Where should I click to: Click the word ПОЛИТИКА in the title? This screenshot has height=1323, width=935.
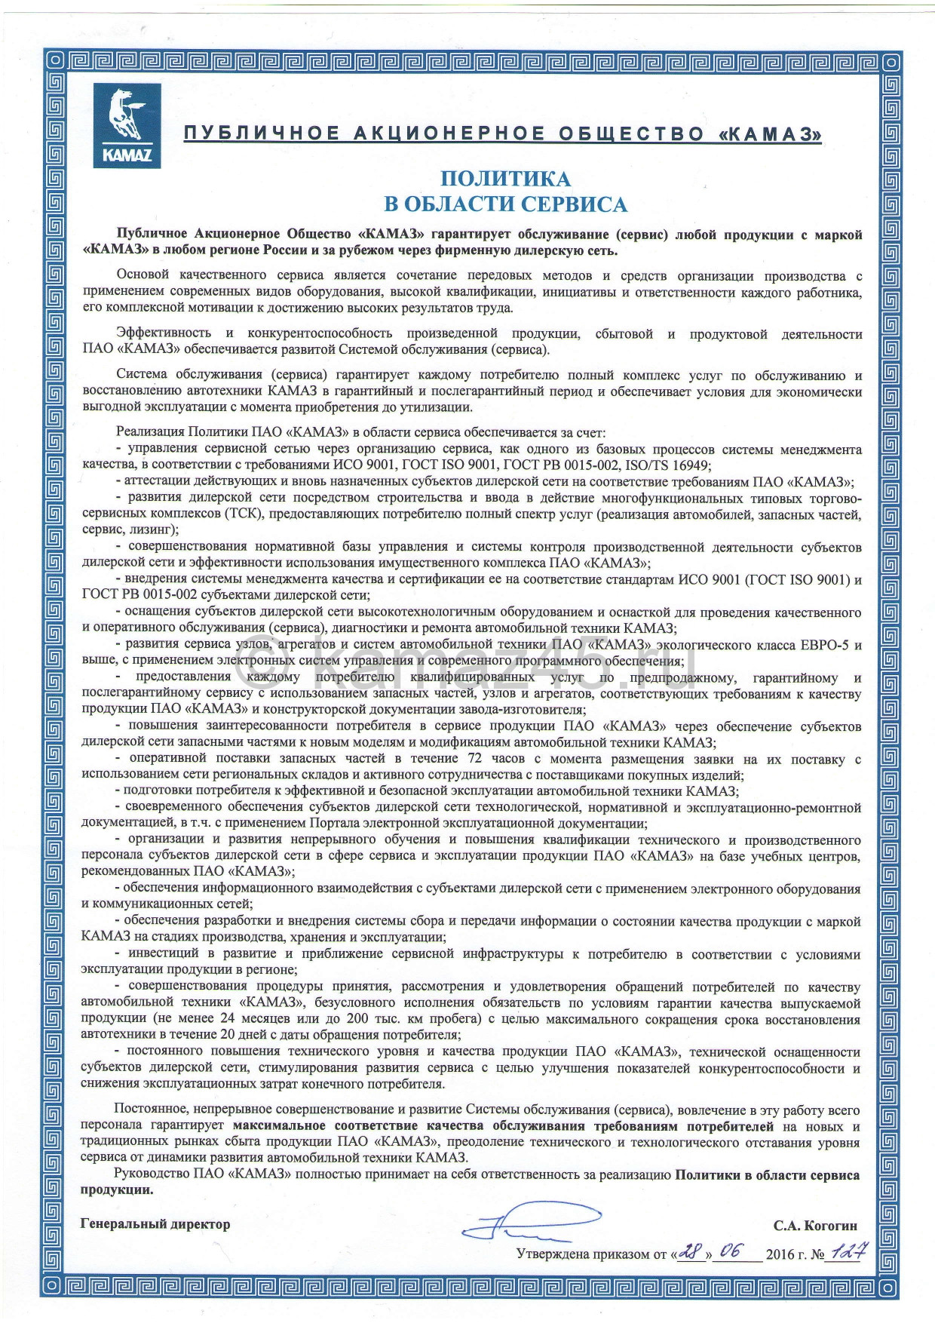505,179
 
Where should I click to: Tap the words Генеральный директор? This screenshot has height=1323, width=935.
155,1223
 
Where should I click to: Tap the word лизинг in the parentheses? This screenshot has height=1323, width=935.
147,530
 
